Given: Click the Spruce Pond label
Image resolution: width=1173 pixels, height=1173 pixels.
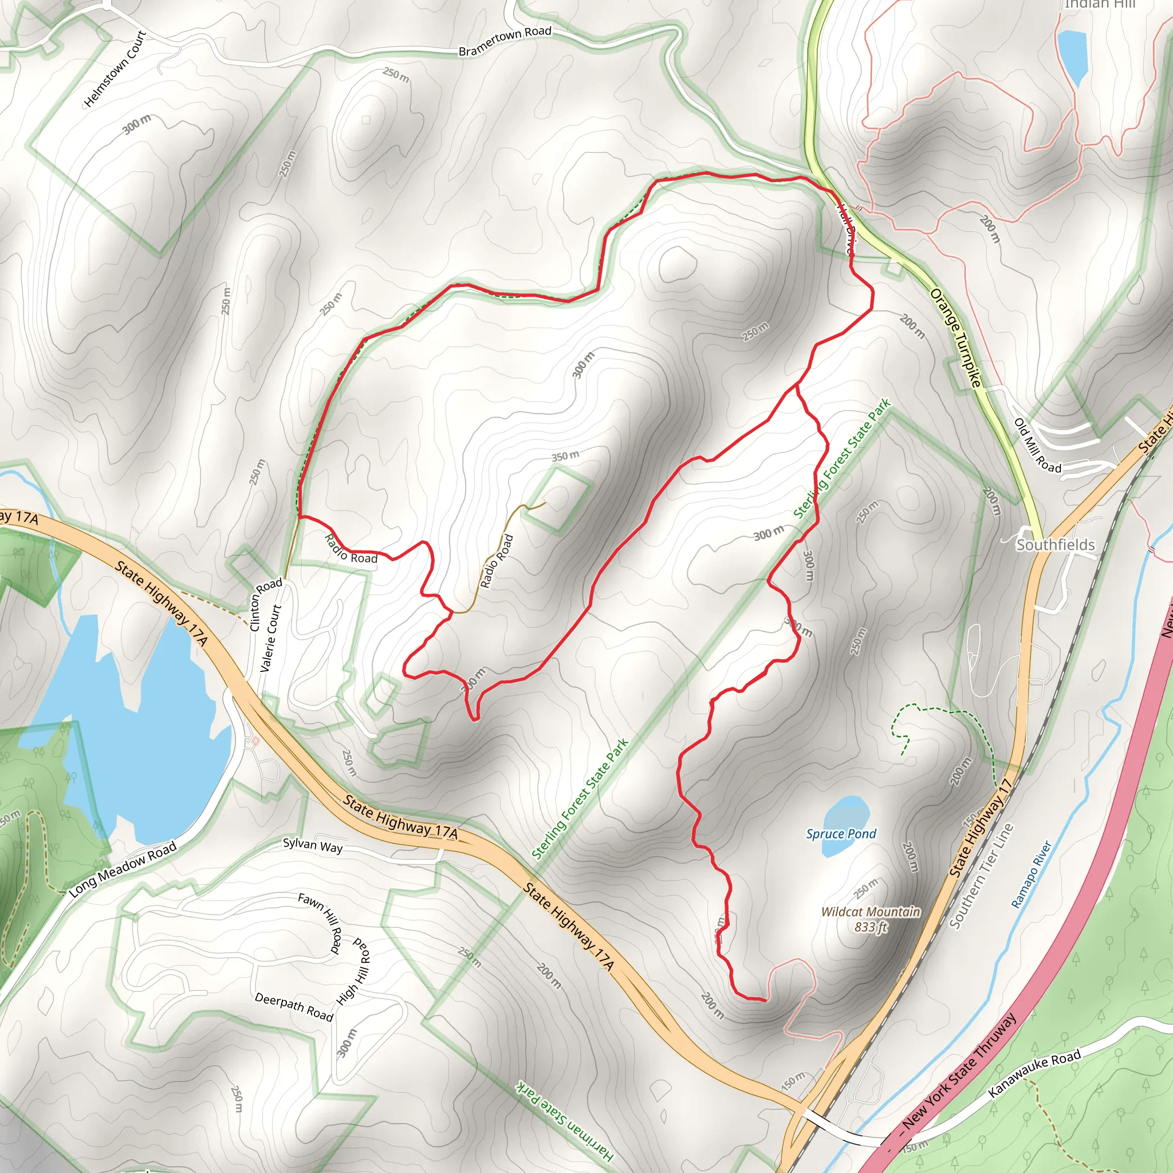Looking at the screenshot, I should point(841,833).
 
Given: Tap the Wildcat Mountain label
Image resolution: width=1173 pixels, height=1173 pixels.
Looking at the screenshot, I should point(871,912).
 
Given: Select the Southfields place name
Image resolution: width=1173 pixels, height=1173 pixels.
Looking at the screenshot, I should point(1055,545).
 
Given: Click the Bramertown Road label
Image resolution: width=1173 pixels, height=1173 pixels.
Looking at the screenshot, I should point(505,41).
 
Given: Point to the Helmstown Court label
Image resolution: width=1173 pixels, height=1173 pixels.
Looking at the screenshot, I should point(115,69).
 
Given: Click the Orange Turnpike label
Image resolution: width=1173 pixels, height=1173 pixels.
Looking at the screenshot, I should point(955,337).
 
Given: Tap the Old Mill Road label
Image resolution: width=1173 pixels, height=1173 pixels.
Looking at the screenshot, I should point(1038,446).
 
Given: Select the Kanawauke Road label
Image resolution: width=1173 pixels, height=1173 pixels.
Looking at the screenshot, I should point(1034,1073).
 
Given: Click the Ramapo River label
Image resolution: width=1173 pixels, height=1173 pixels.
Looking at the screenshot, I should point(1030,874).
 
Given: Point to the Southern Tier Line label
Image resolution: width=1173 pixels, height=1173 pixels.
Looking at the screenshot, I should point(982,876).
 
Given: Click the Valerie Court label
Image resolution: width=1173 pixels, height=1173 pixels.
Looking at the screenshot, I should point(271,637).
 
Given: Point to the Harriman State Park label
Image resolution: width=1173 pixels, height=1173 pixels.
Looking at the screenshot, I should point(565,1121).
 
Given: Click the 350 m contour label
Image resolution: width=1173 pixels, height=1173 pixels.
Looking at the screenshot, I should point(565,456).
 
